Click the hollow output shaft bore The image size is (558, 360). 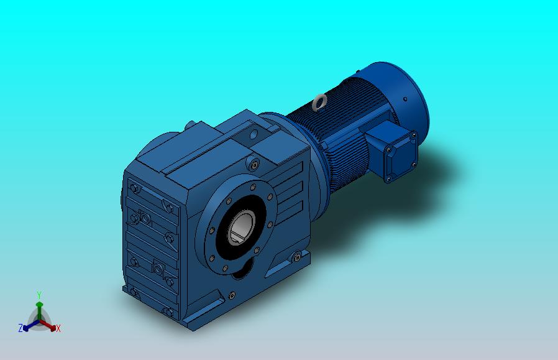click(x=242, y=226)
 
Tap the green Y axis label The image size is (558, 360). click(x=39, y=295)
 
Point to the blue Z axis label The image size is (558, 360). click(x=21, y=328)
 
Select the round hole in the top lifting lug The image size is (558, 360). click(x=254, y=134)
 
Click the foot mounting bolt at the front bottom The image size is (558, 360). click(x=232, y=295)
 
